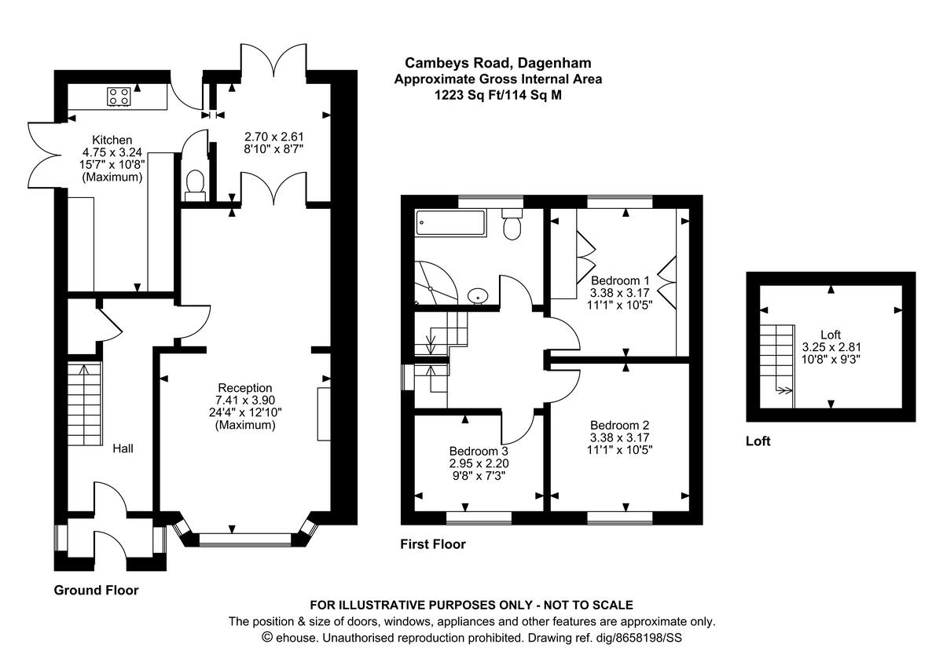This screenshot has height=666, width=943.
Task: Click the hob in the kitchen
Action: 119,97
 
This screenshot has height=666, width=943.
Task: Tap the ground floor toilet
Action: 194,183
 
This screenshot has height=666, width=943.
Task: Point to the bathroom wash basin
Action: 478,296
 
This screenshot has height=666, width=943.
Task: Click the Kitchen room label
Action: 112,140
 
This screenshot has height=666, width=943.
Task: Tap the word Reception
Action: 245,387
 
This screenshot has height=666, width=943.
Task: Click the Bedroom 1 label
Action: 620,280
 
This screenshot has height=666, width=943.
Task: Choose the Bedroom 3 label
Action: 479,451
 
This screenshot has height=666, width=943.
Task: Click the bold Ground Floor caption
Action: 96,590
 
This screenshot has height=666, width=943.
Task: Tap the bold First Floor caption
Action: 433,543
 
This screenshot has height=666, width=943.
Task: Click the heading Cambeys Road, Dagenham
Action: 497,62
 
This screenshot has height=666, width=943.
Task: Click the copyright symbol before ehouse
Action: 266,638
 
